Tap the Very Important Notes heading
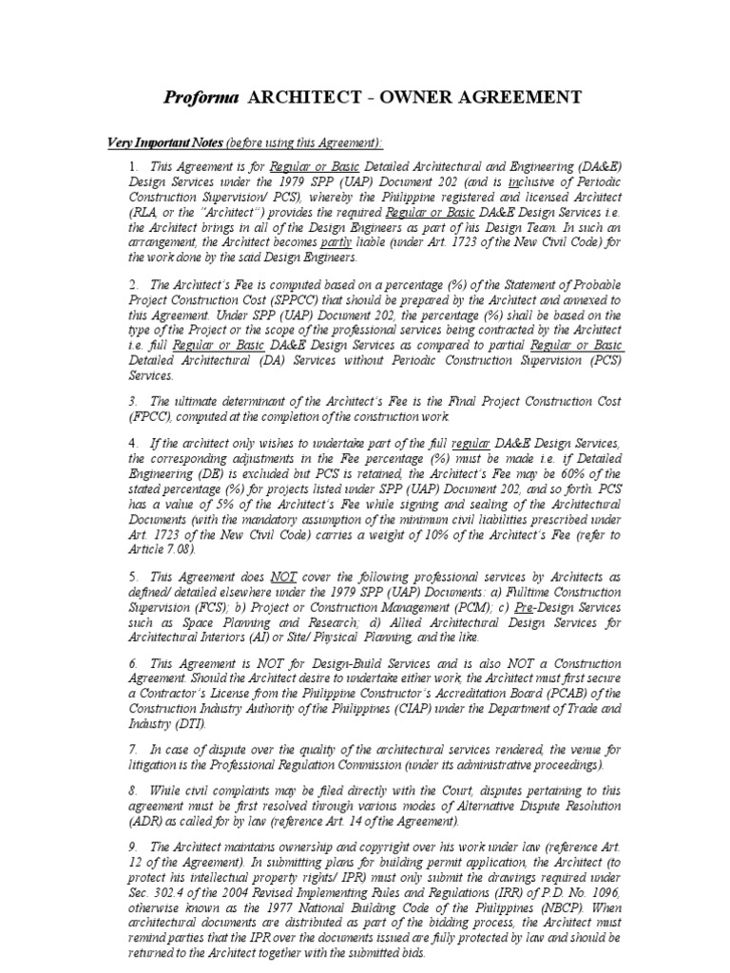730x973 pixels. tap(163, 142)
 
